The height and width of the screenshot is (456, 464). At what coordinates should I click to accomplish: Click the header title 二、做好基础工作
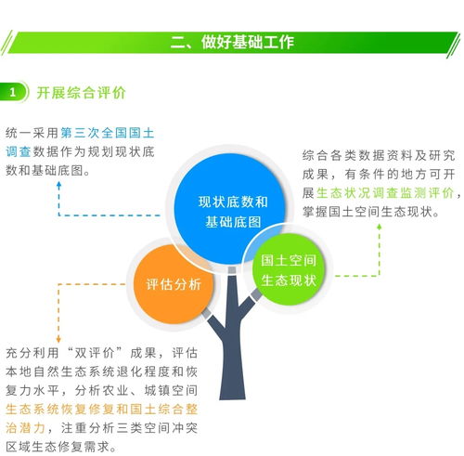[231, 42]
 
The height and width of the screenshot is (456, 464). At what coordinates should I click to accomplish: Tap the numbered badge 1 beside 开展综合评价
[14, 93]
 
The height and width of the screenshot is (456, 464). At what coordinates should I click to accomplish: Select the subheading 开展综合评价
[81, 93]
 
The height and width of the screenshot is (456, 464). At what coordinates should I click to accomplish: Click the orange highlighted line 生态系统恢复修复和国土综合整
[101, 408]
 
